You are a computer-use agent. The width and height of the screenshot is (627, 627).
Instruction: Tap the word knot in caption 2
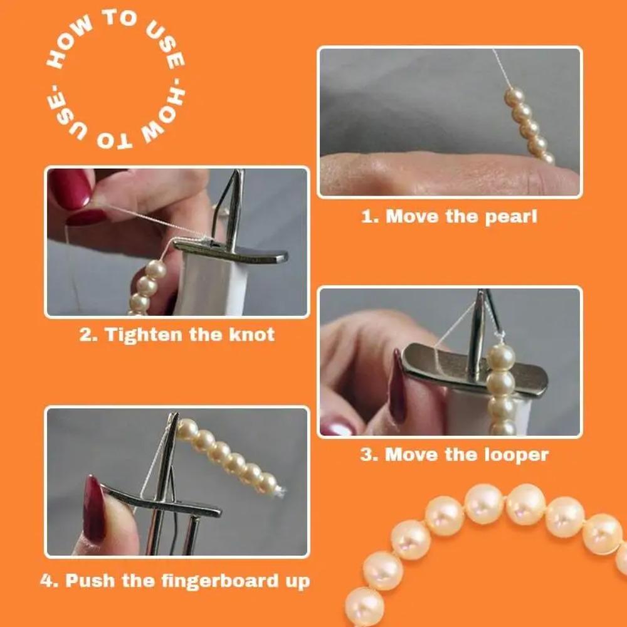(x=251, y=334)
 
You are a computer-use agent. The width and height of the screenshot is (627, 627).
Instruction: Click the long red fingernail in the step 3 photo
(x=397, y=386)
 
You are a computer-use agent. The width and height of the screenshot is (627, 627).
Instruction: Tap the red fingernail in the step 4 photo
(x=94, y=508)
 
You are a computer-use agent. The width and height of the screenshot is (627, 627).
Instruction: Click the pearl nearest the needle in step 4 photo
(x=187, y=429)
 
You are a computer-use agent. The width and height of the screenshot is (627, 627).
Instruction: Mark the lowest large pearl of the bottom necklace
(x=364, y=605)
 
